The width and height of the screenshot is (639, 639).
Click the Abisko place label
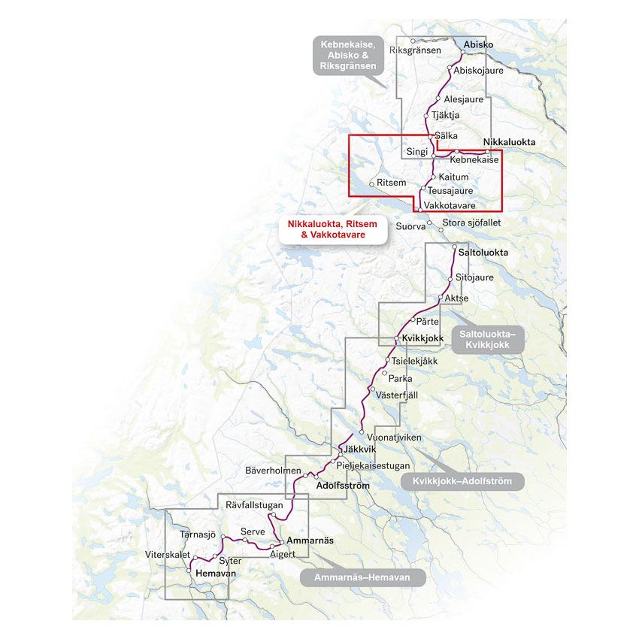click(478, 45)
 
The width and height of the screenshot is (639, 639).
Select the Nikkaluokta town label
click(509, 141)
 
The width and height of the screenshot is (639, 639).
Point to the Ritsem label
click(391, 183)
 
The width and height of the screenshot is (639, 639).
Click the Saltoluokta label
click(483, 253)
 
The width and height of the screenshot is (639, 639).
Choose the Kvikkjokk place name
click(423, 338)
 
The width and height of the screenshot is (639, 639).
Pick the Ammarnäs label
click(310, 541)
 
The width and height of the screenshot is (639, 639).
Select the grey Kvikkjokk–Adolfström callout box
click(462, 482)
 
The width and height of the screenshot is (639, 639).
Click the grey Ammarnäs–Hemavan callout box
click(363, 577)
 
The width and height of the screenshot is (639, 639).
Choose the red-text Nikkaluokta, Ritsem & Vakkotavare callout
click(332, 229)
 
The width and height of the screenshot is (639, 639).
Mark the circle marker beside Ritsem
click(371, 183)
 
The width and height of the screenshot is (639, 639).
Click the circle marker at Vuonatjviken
click(362, 432)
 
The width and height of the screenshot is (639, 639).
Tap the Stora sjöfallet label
click(471, 223)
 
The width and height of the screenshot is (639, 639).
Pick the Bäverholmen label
click(273, 470)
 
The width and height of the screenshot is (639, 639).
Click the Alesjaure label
click(463, 99)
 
